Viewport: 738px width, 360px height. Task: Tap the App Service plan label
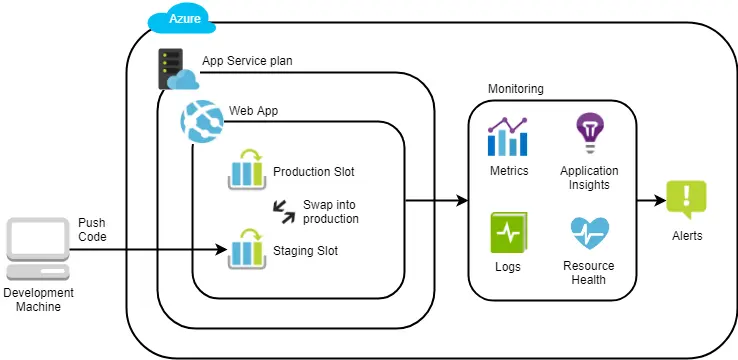click(x=247, y=61)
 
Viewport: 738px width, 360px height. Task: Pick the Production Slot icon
click(x=246, y=173)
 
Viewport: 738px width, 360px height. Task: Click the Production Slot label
click(x=313, y=171)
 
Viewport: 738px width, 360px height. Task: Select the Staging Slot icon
click(x=246, y=247)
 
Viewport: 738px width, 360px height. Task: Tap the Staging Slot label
click(x=305, y=251)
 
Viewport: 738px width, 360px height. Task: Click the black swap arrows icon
click(x=285, y=211)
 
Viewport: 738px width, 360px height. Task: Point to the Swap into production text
click(x=330, y=211)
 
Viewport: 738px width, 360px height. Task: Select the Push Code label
click(x=92, y=229)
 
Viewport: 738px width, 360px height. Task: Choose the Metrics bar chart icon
click(x=508, y=137)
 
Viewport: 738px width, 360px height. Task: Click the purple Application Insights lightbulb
click(x=589, y=133)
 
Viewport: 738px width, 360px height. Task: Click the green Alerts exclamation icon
click(x=686, y=200)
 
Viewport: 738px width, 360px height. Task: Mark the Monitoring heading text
click(x=515, y=89)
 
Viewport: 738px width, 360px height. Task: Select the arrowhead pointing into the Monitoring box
click(x=462, y=201)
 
